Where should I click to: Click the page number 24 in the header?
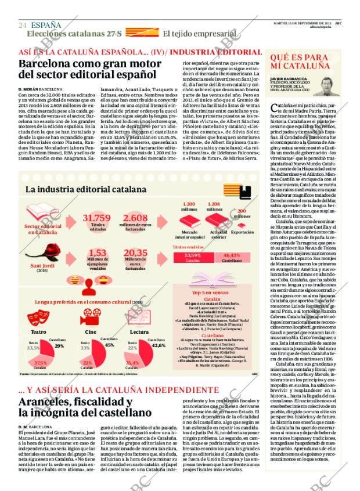22,25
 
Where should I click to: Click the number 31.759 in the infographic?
98,218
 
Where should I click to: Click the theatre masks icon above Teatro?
39,317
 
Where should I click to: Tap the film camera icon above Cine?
90,317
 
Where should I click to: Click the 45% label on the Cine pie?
109,345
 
